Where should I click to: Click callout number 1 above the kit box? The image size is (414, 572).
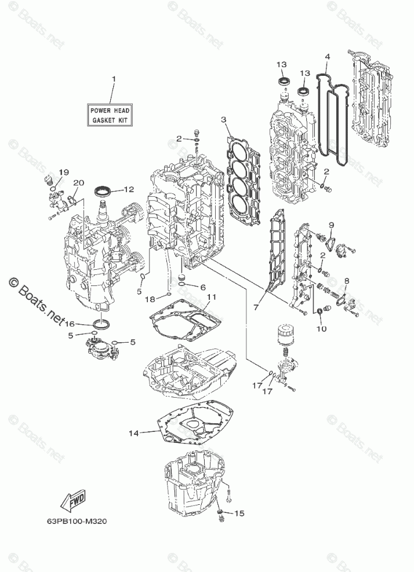[114, 78]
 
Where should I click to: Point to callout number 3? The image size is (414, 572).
[223, 120]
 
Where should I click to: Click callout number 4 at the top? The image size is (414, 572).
[328, 57]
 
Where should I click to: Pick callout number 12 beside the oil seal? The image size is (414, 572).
[128, 189]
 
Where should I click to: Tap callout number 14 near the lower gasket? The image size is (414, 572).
[134, 432]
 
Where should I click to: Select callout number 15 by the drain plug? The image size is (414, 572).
[239, 513]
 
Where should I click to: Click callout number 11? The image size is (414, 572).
[211, 297]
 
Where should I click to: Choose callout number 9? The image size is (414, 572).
[332, 225]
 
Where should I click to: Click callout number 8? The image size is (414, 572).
[346, 281]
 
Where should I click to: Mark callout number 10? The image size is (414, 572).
[321, 329]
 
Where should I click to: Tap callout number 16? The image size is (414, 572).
[70, 324]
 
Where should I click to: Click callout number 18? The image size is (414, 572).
[150, 299]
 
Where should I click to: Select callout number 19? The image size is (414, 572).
[63, 172]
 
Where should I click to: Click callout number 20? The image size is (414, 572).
[79, 183]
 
